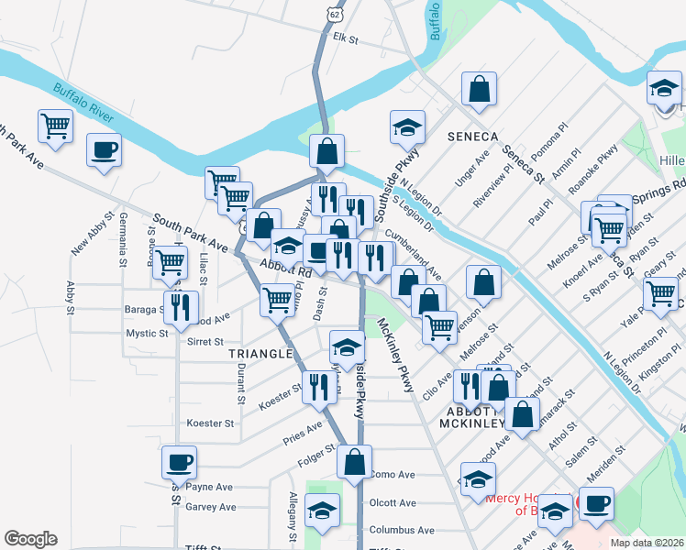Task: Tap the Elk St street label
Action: (345, 39)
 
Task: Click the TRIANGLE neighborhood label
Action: (260, 353)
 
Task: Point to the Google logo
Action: (30, 539)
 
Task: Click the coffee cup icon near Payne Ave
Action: (179, 462)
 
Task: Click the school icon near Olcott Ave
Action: (322, 511)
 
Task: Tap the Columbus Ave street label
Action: (401, 530)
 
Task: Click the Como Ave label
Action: (393, 475)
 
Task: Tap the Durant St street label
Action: (240, 382)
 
